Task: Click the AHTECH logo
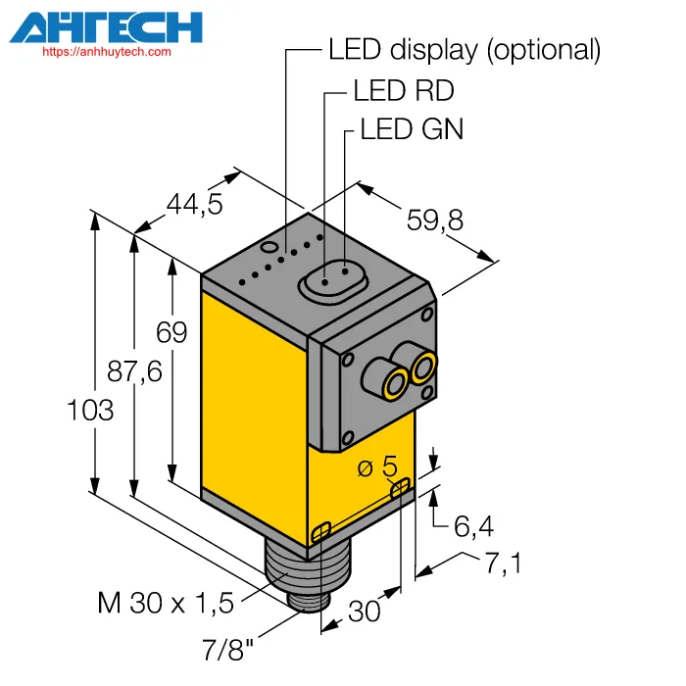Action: pos(106,28)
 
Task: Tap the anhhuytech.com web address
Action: pos(107,52)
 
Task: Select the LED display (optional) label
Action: pos(465,50)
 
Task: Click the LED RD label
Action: pos(404,90)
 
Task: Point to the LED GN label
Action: pos(412,129)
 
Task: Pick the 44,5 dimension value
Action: pos(195,204)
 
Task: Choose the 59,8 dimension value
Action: pos(435,220)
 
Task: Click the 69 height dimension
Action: pos(171,332)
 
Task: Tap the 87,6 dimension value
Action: pos(134,371)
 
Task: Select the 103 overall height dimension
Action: pos(90,411)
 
